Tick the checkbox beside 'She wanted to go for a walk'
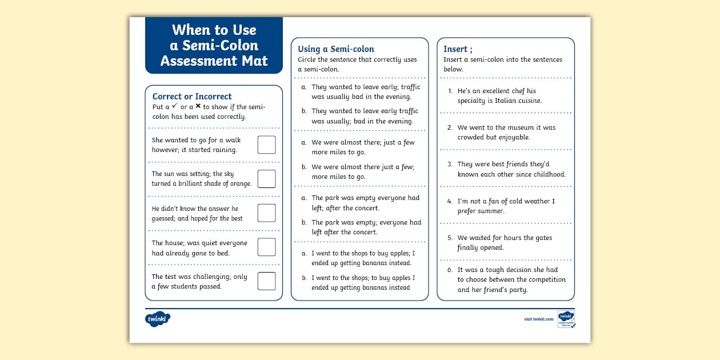coord(266,145)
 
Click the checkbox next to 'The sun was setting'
coord(266,179)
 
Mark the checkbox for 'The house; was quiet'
coord(266,247)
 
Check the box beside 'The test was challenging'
coord(266,281)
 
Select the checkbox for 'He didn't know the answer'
coord(266,213)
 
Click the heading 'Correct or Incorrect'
coord(192,97)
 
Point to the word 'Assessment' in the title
coord(214,61)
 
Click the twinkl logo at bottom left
coord(158,319)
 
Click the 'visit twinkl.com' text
coord(538,319)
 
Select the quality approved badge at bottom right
coord(566,319)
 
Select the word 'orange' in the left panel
coord(239,183)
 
